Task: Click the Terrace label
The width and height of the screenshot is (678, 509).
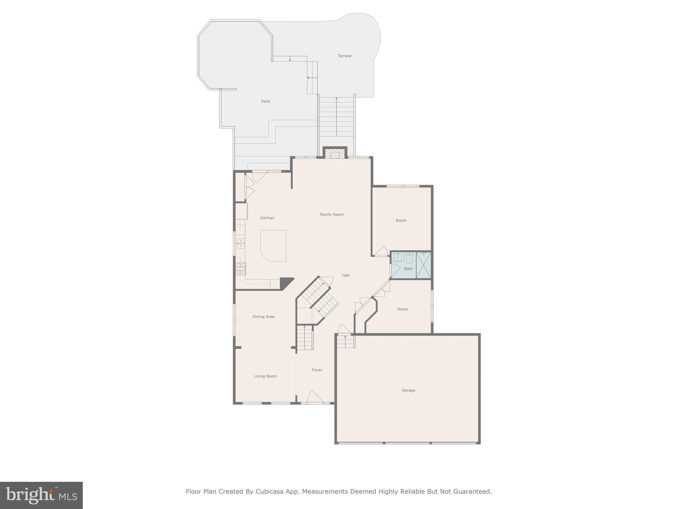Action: point(344,56)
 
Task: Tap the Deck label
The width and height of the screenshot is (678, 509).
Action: point(266,101)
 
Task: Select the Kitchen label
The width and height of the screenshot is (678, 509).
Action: point(267,218)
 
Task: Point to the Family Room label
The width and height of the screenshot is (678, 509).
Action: point(332,215)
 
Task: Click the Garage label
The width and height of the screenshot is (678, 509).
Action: point(408,390)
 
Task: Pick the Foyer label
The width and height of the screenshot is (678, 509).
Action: point(317,370)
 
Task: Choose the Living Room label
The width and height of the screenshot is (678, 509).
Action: point(266,376)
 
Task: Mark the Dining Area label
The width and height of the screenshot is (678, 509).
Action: point(263,317)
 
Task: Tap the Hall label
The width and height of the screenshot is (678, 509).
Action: point(346,275)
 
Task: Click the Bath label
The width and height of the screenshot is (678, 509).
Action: point(409,269)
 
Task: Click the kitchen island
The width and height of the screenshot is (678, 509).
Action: point(273,246)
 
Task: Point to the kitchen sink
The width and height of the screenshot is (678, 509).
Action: point(240,244)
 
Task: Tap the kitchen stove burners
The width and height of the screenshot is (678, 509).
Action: point(241,268)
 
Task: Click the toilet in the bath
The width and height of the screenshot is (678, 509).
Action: point(410,258)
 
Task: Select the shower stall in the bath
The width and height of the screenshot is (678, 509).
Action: point(423,265)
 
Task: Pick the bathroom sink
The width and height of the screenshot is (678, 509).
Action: point(398,257)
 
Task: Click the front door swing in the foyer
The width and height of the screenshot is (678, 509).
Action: point(315,397)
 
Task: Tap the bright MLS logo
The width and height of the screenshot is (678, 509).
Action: point(41,495)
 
